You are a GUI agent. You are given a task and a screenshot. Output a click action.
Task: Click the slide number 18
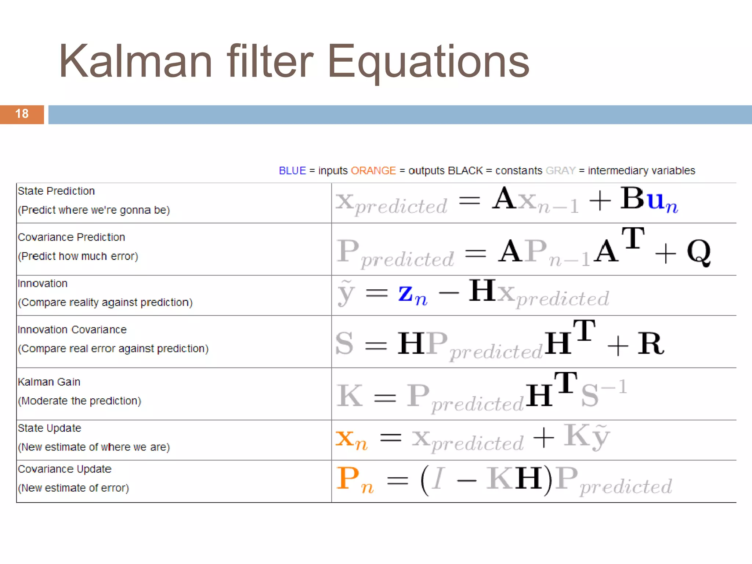coord(22,114)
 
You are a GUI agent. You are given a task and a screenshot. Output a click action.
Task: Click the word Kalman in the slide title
coord(136,62)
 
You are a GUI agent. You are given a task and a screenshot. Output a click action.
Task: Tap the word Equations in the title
coord(428,62)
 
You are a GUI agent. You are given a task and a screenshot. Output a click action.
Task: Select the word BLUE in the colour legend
coord(292,171)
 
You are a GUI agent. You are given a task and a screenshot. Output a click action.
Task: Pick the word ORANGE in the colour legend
coord(373,171)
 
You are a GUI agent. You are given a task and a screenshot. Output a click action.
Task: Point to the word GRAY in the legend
coord(560,171)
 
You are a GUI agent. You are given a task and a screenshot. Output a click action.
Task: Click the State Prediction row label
coord(57,191)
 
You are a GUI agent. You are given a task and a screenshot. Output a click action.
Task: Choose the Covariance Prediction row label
coord(72,237)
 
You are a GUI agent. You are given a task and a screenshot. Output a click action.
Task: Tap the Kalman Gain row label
coord(49,382)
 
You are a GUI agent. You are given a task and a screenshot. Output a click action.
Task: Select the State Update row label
coord(50,428)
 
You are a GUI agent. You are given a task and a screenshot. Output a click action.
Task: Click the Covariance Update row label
coord(65,469)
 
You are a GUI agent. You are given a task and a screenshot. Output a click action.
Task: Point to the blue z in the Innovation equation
coord(406,293)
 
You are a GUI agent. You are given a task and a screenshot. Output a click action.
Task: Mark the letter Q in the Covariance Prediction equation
coord(699,252)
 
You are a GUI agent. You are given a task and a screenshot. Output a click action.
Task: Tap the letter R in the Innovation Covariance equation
coord(651,343)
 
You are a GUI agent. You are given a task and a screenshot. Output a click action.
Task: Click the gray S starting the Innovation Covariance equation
coord(344,343)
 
